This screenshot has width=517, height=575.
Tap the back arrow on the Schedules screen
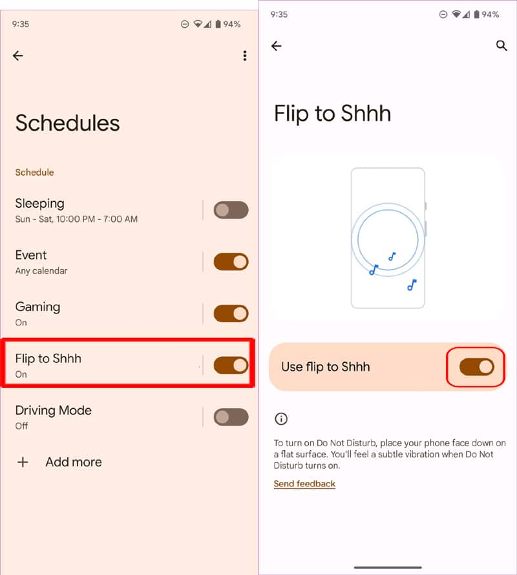click(x=18, y=56)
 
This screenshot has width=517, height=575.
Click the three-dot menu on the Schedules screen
click(x=244, y=56)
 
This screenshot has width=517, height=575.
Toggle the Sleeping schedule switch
click(x=231, y=210)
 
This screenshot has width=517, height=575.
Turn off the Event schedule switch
click(x=231, y=261)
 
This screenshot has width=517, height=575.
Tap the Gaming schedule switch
click(x=231, y=314)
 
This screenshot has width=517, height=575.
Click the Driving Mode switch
click(x=231, y=417)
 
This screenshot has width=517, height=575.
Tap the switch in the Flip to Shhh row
click(x=231, y=365)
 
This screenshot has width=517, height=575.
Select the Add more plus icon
click(x=23, y=462)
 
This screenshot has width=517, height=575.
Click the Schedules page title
click(x=67, y=123)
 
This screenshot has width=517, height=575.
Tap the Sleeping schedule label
click(x=39, y=203)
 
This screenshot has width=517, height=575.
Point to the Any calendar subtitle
click(x=41, y=271)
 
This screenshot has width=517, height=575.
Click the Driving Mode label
click(x=53, y=410)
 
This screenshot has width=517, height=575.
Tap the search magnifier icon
click(x=501, y=46)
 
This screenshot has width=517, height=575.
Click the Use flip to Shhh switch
click(x=476, y=367)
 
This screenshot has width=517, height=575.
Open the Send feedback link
click(x=304, y=484)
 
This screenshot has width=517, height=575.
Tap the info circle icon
click(x=281, y=419)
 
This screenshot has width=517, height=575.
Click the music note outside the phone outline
click(x=412, y=285)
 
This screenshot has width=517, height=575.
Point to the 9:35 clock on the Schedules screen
click(x=20, y=24)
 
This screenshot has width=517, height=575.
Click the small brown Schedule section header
click(x=34, y=173)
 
